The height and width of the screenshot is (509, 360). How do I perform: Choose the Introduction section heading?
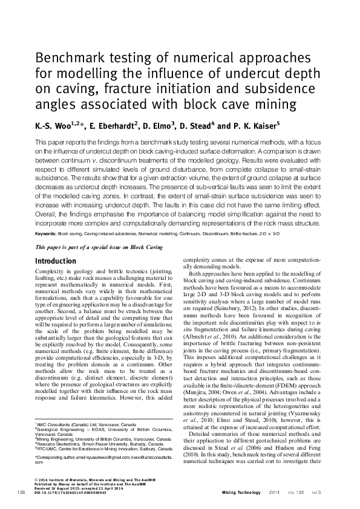(56, 261)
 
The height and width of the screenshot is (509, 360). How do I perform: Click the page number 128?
(22, 494)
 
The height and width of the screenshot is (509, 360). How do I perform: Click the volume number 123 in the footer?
(299, 494)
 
